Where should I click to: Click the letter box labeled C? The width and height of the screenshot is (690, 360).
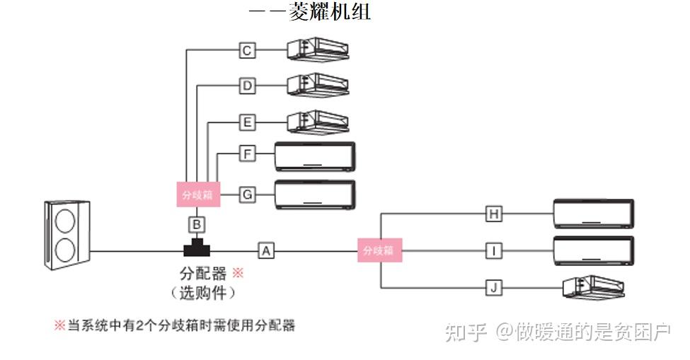pos(247,50)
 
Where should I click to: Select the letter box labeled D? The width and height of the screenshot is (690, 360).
pos(247,86)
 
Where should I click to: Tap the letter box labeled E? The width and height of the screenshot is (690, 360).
pos(247,122)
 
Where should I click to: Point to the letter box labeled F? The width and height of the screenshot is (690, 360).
pos(247,153)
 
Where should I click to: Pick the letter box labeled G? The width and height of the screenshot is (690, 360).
pos(247,194)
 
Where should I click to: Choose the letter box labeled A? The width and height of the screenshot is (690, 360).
pos(265,250)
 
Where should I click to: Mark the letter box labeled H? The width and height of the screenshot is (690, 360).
pos(494,213)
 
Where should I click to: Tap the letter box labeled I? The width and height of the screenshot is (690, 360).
pos(494,250)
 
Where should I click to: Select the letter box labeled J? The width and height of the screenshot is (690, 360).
pos(494,287)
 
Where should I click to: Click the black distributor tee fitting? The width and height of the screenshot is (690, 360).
pos(198,248)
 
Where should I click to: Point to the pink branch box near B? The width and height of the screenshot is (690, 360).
pos(198,194)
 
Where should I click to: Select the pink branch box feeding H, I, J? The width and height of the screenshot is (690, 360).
pos(379,250)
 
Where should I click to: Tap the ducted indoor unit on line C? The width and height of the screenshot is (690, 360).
pos(318,49)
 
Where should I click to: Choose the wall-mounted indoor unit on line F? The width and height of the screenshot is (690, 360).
pos(316,156)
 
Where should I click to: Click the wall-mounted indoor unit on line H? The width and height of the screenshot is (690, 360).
pos(593,214)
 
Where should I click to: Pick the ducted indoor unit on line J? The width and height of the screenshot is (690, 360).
pos(594,287)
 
